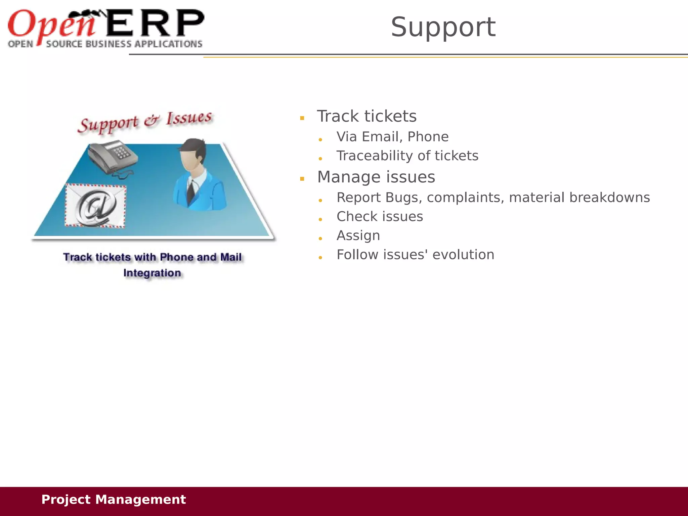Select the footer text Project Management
point(113,500)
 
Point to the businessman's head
point(192,155)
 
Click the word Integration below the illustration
point(152,273)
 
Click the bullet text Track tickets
point(367,116)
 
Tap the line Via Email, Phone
point(392,137)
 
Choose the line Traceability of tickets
point(407,156)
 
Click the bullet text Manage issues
point(376,177)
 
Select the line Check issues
point(380,217)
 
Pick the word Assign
point(358,236)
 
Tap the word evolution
point(463,255)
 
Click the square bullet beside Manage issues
point(302,179)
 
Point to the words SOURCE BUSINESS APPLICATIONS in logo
point(124,44)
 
